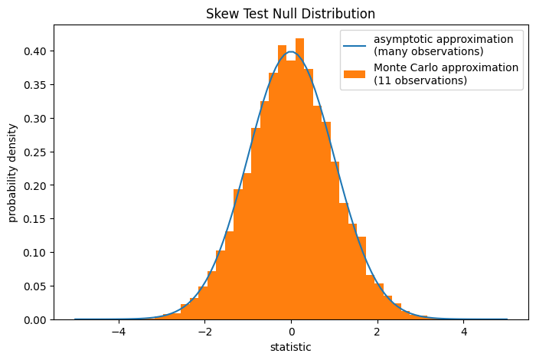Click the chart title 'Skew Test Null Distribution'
click(x=290, y=14)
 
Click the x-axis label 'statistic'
click(x=290, y=347)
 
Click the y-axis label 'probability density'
click(x=13, y=172)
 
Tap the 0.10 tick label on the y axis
click(x=34, y=253)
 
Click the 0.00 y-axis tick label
click(x=34, y=319)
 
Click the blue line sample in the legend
click(x=355, y=44)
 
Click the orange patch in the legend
click(x=355, y=74)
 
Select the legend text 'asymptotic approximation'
click(x=443, y=39)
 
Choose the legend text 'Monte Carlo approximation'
click(x=446, y=67)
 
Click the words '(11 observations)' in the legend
click(x=420, y=80)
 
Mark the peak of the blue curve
click(x=291, y=52)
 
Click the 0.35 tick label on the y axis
click(x=34, y=84)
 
